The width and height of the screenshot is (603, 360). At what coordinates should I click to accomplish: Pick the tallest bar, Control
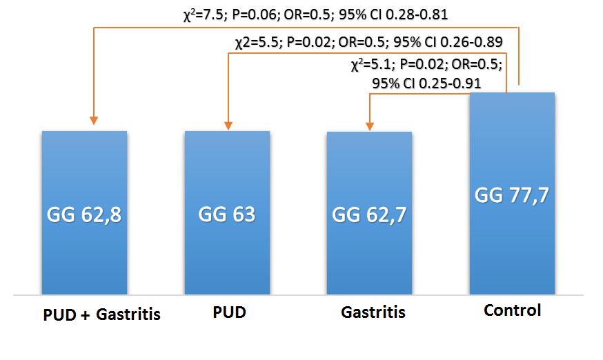click(x=511, y=255)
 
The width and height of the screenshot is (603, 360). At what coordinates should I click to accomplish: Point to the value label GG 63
click(x=226, y=214)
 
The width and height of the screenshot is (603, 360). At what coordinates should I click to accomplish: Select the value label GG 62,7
click(x=369, y=215)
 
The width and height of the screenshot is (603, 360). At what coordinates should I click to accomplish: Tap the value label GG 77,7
click(x=511, y=196)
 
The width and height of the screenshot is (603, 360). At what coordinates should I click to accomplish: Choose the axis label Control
click(x=513, y=310)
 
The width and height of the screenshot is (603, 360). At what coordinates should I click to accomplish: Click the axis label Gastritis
click(x=373, y=312)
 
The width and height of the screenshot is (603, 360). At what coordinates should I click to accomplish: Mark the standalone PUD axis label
click(x=228, y=312)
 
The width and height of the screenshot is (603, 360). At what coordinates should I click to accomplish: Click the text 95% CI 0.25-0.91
click(x=426, y=83)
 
